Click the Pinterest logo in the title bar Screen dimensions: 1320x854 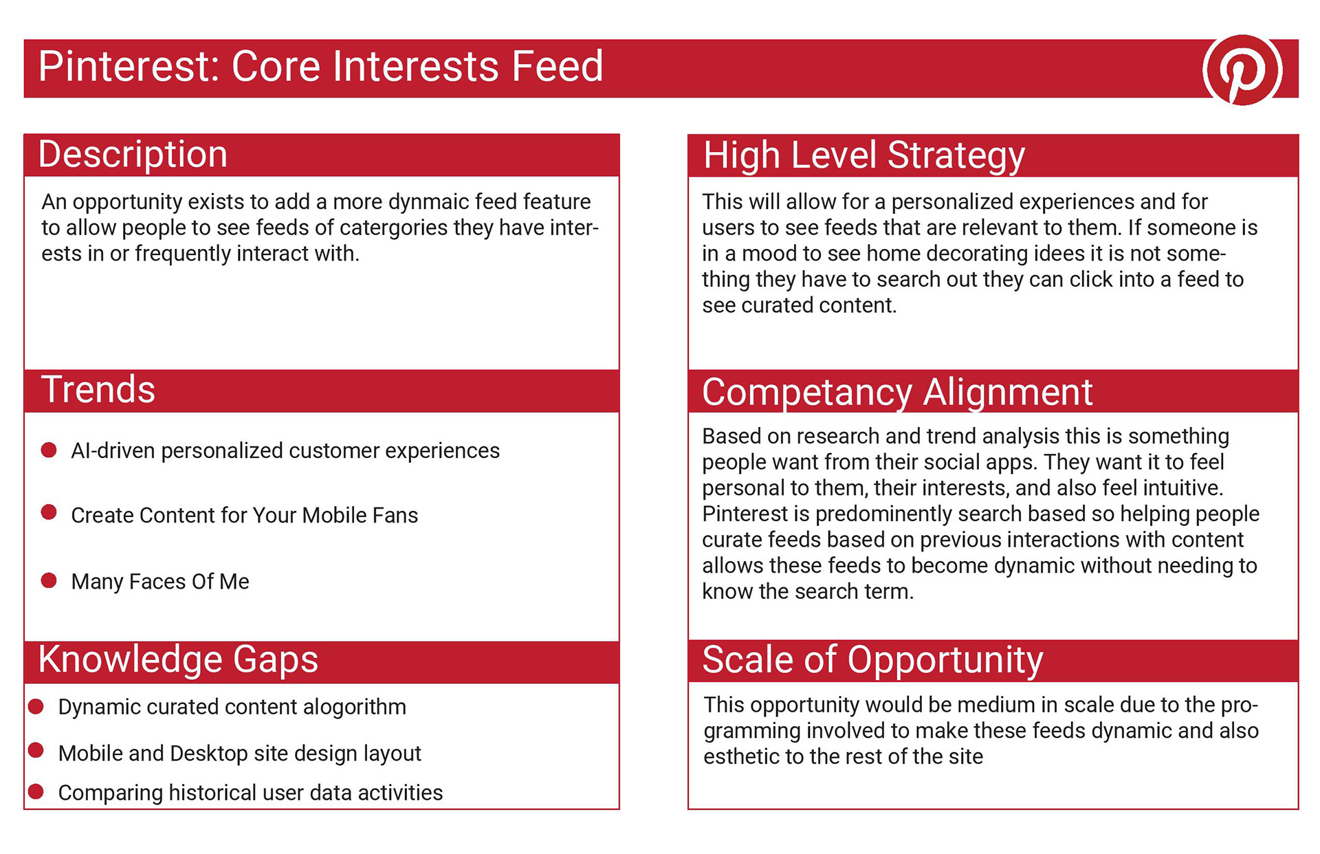(x=1242, y=69)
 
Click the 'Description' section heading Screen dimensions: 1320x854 (x=133, y=154)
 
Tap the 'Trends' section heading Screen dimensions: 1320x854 (x=98, y=389)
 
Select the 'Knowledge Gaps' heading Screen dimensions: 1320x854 (x=178, y=659)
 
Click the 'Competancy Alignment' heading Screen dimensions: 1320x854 (x=897, y=393)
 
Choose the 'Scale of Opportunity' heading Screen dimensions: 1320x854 (x=872, y=661)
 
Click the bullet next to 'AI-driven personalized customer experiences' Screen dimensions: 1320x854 (x=49, y=450)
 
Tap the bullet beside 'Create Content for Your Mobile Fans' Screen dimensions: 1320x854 (x=49, y=512)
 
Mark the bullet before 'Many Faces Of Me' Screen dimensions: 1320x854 (x=49, y=581)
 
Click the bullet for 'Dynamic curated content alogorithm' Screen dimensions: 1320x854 (x=36, y=706)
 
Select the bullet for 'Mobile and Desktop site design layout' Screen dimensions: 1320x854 (x=36, y=750)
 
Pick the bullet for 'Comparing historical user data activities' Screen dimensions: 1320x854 (x=36, y=791)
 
